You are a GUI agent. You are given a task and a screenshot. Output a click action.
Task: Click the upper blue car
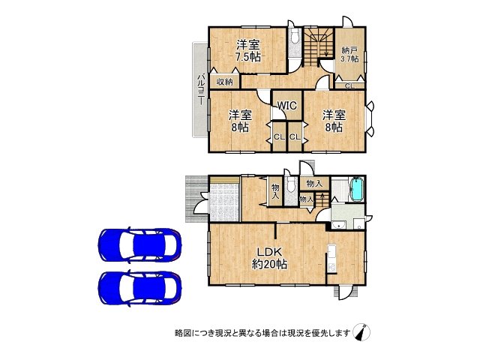pos(139,244)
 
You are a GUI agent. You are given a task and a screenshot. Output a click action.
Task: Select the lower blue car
pos(139,286)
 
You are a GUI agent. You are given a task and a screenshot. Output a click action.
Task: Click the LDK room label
pos(269,252)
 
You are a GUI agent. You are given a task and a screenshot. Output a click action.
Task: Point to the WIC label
pos(287,106)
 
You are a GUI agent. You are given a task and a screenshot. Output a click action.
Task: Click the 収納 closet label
pos(225,82)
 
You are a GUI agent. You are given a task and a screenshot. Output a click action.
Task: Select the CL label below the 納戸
pos(349,86)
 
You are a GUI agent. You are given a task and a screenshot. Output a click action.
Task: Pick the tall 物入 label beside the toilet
pos(274,191)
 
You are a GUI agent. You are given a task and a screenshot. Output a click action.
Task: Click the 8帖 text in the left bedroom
pos(240,128)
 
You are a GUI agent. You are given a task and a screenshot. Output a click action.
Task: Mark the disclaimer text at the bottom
pos(262,332)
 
